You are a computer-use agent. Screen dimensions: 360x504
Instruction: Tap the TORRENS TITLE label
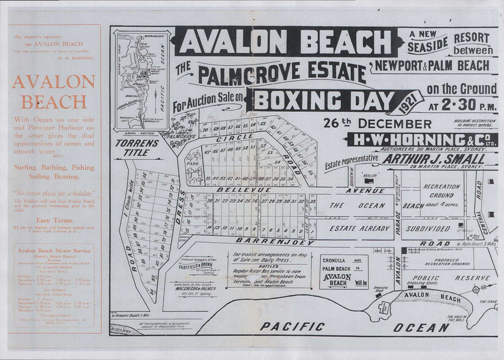(137, 147)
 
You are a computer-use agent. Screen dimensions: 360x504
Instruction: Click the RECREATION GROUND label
(441, 190)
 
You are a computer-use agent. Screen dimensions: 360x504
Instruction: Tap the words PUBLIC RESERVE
(452, 278)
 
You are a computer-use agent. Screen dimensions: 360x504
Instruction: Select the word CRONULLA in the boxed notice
(338, 261)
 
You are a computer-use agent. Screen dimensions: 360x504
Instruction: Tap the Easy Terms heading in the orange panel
(54, 220)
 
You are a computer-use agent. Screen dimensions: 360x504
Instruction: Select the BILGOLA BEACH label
(124, 331)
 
